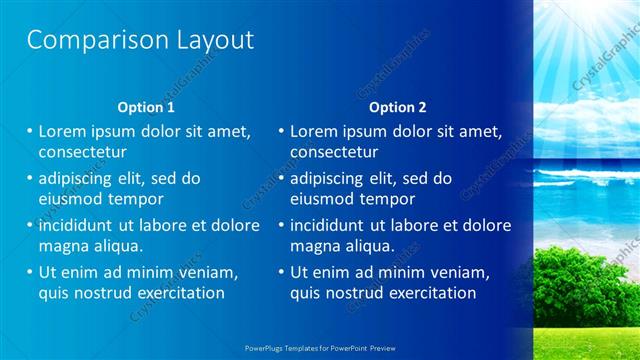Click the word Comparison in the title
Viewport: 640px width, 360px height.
pos(83,40)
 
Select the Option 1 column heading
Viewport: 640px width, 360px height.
pos(146,106)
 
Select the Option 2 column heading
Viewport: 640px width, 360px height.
pos(397,106)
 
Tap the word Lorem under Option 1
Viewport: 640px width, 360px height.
pos(64,131)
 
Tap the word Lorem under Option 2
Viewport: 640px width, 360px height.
pos(315,131)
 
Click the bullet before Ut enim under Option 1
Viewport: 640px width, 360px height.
pos(29,272)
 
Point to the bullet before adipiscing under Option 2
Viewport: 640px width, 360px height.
pos(280,178)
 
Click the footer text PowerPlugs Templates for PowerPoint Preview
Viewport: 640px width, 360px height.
pos(319,350)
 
